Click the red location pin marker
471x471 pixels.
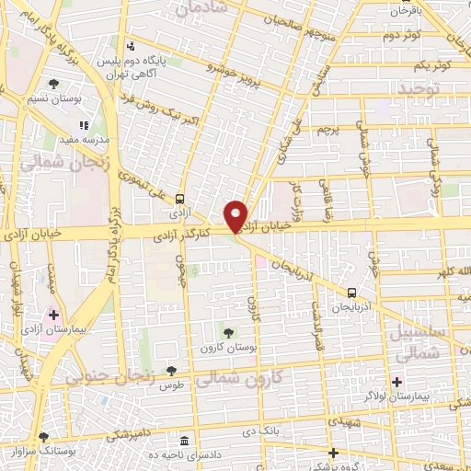click(x=235, y=215)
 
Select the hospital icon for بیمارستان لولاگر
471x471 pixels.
click(x=397, y=382)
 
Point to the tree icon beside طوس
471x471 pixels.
click(x=171, y=369)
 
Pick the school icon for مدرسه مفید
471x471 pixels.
click(x=84, y=125)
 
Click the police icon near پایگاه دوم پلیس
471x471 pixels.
click(x=131, y=44)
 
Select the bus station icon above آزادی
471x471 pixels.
click(x=180, y=198)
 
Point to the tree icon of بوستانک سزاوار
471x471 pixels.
click(x=42, y=436)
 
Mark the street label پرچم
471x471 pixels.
click(x=329, y=131)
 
